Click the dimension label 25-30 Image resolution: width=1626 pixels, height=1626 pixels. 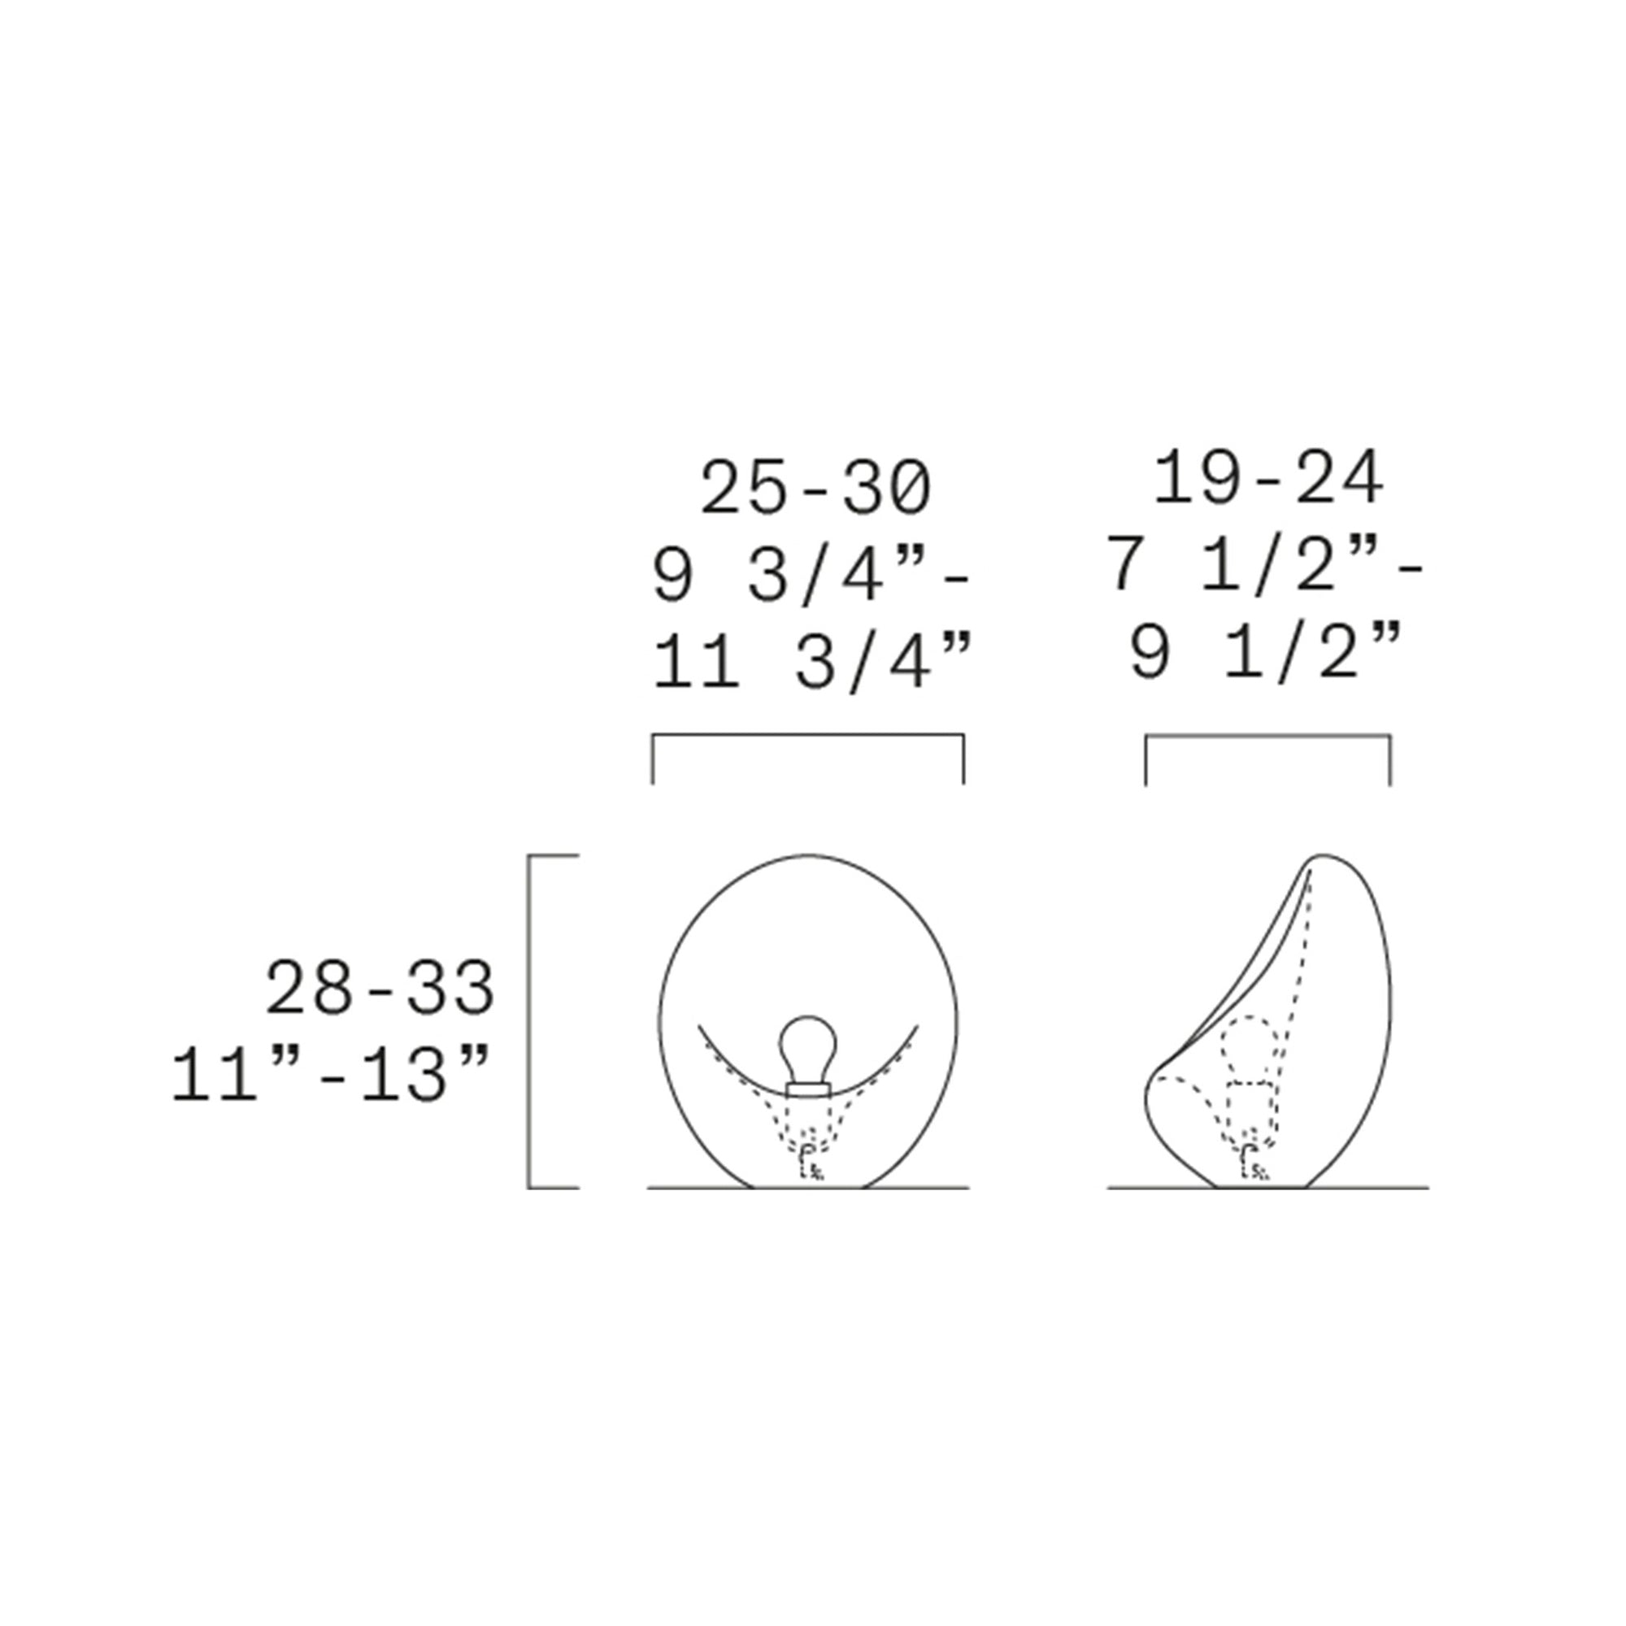coord(815,488)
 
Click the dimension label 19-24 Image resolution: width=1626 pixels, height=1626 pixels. coord(1267,477)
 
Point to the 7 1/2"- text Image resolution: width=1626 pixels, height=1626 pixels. coord(1266,566)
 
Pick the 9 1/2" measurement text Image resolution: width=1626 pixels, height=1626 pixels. coord(1265,652)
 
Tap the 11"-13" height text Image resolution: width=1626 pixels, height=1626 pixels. coord(331,1075)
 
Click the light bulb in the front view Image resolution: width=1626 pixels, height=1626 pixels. coord(808,1050)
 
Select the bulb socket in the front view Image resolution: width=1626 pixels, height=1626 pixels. coord(808,1091)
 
